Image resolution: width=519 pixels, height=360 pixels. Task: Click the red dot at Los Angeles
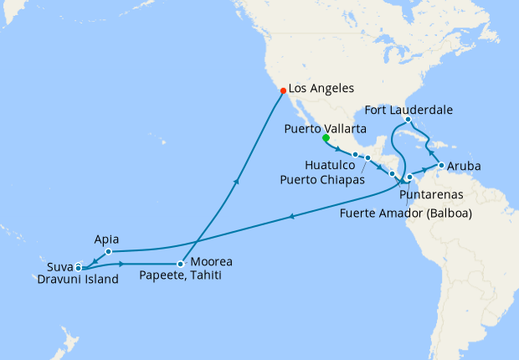click(x=282, y=90)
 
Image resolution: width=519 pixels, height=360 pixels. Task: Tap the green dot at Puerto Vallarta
click(x=326, y=138)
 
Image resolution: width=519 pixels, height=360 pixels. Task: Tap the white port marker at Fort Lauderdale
click(x=407, y=120)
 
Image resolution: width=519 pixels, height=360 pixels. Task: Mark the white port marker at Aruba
click(x=441, y=166)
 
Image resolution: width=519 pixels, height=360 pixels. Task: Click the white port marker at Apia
click(x=109, y=251)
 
